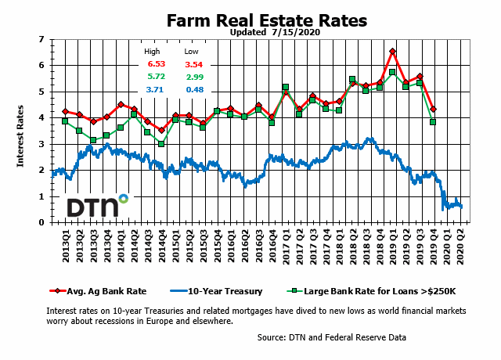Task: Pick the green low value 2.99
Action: tap(196, 77)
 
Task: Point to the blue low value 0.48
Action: tap(196, 91)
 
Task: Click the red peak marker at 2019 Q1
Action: tap(392, 52)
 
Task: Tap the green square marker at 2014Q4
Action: tap(161, 144)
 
